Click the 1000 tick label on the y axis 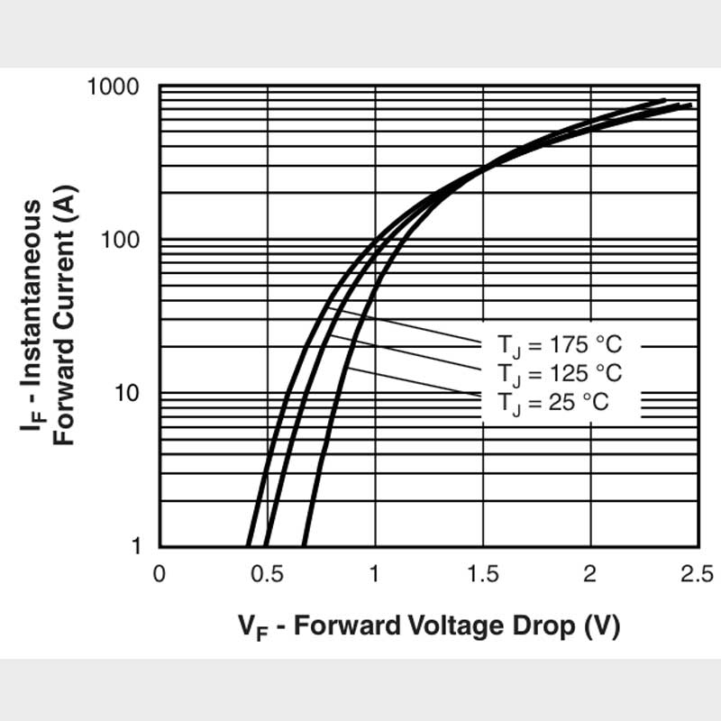pyautogui.click(x=113, y=87)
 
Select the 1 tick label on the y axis pyautogui.click(x=136, y=547)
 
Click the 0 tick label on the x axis pyautogui.click(x=159, y=575)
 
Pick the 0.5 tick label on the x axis pyautogui.click(x=267, y=575)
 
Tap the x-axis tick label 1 pyautogui.click(x=375, y=575)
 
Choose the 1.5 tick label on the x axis pyautogui.click(x=483, y=575)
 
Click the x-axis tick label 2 pyautogui.click(x=590, y=575)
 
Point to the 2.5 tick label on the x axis pyautogui.click(x=696, y=575)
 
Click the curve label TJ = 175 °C pyautogui.click(x=560, y=345)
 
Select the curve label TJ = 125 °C pyautogui.click(x=560, y=373)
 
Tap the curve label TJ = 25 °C pyautogui.click(x=553, y=402)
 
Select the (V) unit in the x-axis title pyautogui.click(x=602, y=625)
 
